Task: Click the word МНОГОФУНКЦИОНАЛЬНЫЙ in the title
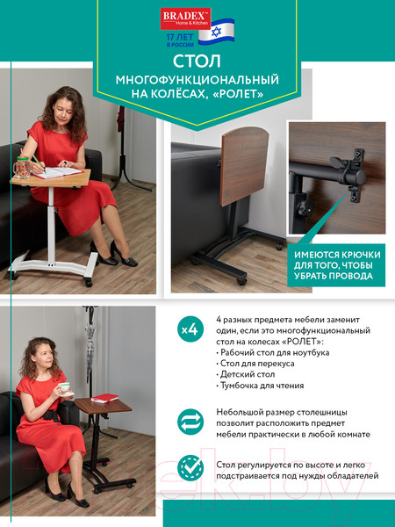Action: point(197,81)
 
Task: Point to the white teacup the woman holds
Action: point(64,386)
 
